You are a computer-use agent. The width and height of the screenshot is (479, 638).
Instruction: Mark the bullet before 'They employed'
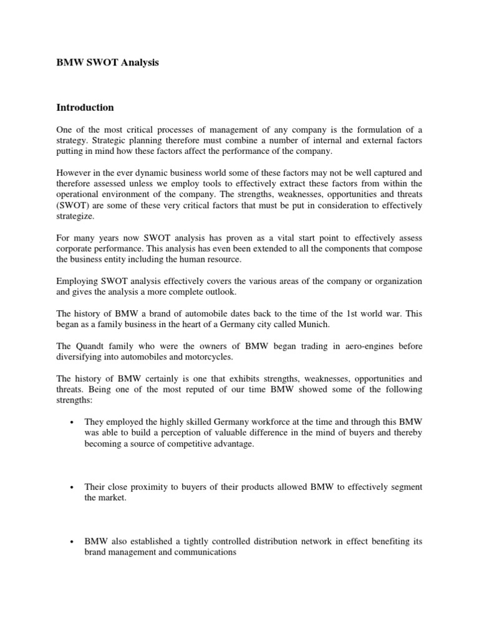pos(73,422)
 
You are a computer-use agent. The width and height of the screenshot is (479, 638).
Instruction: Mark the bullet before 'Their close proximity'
pos(73,487)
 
